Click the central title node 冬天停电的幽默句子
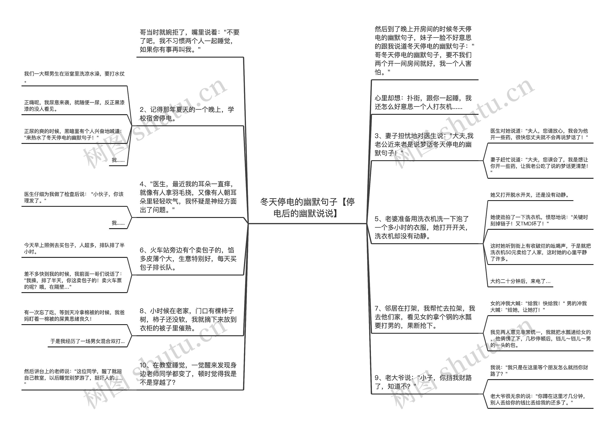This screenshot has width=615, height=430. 307,208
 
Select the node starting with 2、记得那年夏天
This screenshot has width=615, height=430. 187,114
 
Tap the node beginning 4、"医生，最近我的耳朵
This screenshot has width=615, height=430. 188,197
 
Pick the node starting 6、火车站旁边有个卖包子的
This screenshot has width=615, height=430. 188,259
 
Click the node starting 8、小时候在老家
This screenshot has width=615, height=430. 188,319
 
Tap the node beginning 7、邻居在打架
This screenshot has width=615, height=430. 425,317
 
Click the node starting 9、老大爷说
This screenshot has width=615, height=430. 423,382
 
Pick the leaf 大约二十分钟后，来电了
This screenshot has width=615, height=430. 520,281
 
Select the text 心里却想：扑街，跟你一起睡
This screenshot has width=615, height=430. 423,102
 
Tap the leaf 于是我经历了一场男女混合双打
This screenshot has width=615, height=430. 87,341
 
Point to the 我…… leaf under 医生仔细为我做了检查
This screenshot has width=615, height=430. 118,223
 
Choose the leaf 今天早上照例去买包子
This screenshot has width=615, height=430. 74,248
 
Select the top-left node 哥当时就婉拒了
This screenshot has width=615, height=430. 189,41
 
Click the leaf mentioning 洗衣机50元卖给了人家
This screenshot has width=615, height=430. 540,252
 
